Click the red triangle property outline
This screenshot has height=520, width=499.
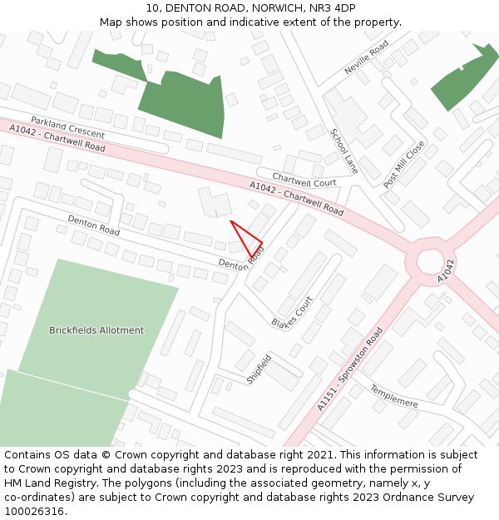248,240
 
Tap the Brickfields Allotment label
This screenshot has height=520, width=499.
96,330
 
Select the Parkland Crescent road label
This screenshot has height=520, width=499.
68,127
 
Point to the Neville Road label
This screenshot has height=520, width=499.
367,58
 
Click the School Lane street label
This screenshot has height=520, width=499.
343,151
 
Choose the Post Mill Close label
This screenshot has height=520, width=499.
404,163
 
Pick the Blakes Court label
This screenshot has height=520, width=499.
292,311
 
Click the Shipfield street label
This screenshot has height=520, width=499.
259,369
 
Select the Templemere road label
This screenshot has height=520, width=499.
393,395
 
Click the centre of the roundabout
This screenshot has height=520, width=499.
430,261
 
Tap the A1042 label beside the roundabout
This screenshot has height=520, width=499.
447,270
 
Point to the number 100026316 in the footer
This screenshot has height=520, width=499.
34,512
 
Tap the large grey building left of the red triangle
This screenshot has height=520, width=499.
215,203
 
